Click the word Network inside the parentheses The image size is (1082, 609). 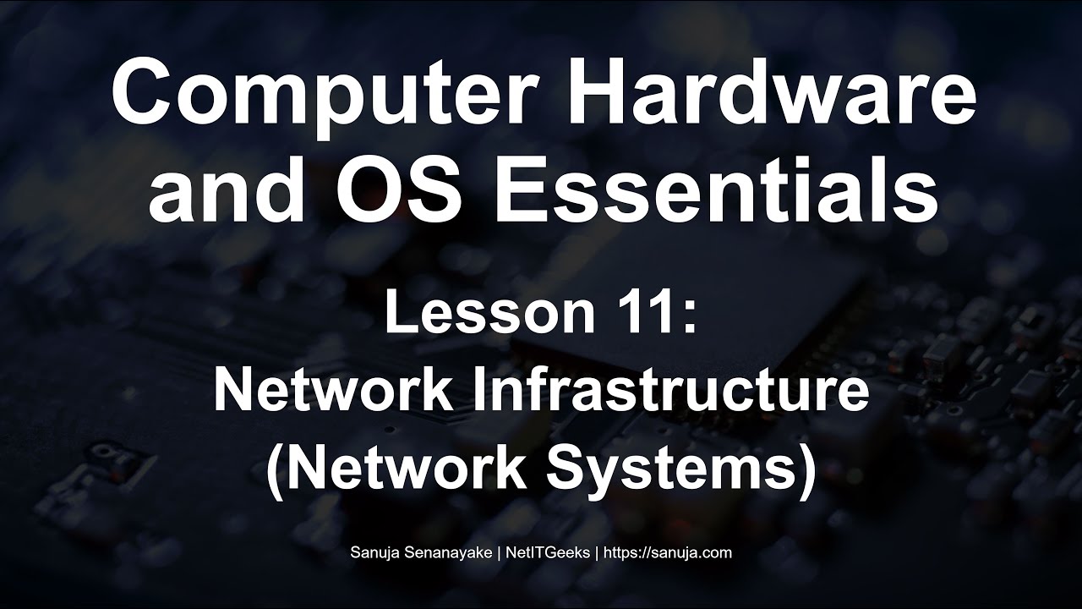(409, 468)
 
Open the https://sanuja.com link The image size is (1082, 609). (667, 553)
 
